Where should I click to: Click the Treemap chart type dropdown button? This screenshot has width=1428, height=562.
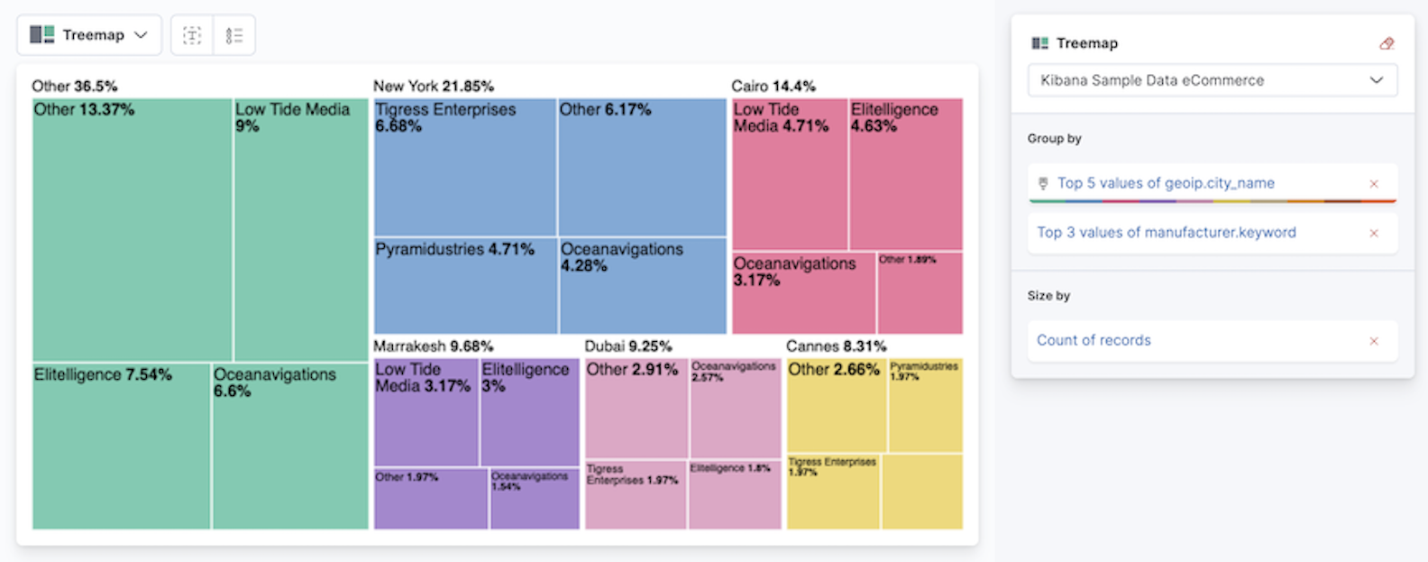coord(88,35)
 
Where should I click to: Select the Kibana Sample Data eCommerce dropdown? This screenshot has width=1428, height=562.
coord(1212,80)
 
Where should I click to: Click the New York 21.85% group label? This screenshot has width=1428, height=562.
coord(433,87)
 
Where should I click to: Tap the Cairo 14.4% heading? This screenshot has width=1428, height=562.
coord(773,87)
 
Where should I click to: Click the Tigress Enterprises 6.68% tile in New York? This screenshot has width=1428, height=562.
coord(464,167)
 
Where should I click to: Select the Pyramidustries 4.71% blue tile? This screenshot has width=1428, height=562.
coord(465,285)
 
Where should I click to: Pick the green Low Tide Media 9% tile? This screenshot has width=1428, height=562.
coord(301,230)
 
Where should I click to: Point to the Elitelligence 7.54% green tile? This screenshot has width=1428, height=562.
coord(121,446)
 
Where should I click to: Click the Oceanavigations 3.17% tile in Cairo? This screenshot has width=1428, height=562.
coord(802,293)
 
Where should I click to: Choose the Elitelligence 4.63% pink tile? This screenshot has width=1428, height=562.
coord(905,173)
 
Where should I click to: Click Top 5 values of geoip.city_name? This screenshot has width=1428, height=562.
coord(1165,183)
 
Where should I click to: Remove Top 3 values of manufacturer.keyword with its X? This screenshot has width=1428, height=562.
coord(1374,234)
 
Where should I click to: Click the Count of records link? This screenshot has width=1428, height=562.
coord(1094,340)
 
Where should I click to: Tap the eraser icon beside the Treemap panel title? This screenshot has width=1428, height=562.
coord(1387,43)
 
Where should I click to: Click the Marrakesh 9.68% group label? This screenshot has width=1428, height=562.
coord(433,346)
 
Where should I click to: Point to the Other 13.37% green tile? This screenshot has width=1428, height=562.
coord(132,230)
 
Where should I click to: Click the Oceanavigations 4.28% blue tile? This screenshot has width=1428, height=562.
coord(642,285)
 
